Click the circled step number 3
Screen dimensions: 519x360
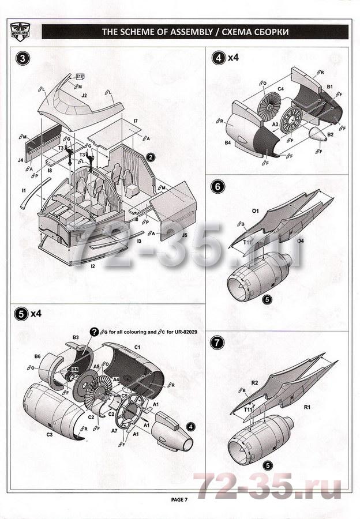click(x=22, y=58)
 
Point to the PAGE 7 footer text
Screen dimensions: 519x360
click(x=179, y=499)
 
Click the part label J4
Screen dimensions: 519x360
click(x=20, y=159)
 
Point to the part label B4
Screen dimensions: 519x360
click(x=228, y=142)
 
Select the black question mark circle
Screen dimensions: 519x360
click(x=94, y=331)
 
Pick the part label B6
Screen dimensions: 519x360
click(x=37, y=357)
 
